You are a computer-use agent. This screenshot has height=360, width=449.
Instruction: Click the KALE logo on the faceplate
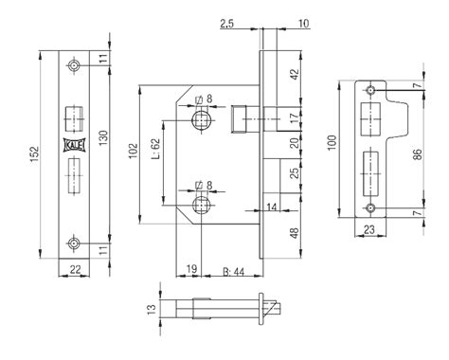74,145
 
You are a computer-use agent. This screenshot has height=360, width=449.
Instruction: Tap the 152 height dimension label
34,154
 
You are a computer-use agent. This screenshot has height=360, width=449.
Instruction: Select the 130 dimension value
103,138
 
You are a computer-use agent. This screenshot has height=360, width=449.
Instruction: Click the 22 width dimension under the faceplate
75,269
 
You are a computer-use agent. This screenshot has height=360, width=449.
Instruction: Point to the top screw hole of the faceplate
74,65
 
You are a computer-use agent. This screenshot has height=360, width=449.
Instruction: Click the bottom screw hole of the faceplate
74,243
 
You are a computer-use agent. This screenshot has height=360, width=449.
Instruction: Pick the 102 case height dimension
134,151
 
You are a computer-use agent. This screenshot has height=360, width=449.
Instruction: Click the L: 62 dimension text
156,149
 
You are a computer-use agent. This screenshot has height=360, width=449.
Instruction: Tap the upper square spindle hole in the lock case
201,120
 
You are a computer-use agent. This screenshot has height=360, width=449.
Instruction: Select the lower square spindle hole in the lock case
201,206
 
